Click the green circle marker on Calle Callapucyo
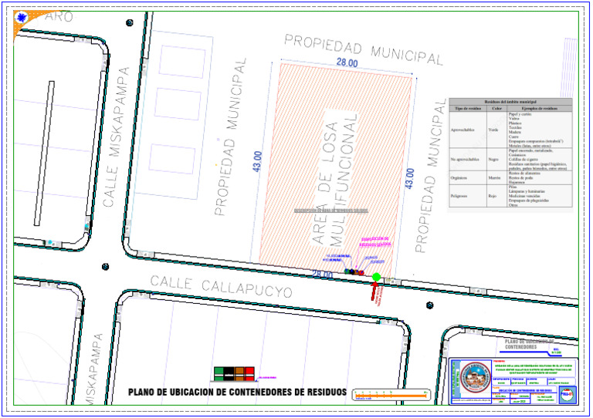tap(376, 278)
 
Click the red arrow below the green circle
tap(376, 290)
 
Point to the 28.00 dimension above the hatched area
tap(347, 62)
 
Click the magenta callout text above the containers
tap(377, 242)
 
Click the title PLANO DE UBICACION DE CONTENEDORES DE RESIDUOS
tap(237, 392)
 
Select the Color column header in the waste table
tap(497, 109)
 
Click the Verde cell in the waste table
tap(493, 129)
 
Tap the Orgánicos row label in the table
tap(465, 177)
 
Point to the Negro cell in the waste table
tap(493, 160)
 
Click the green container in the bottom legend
tap(219, 373)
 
